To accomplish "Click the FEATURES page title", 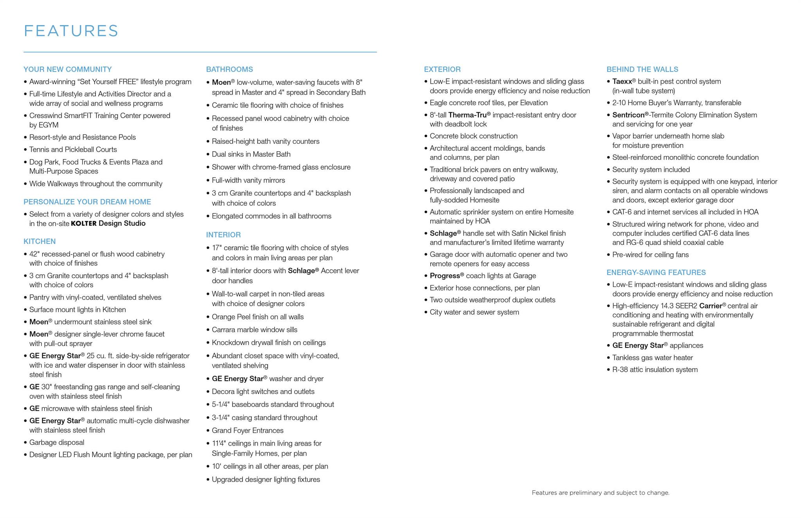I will tap(71, 31).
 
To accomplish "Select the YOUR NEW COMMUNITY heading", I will tap(67, 69).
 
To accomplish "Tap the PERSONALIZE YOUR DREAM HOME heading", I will tap(87, 202).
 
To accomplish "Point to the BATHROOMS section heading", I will tap(229, 69).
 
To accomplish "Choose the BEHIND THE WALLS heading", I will tap(642, 69).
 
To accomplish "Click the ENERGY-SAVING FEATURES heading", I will tap(656, 272).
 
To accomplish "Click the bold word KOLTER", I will tap(83, 224).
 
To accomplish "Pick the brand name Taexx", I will tap(622, 81).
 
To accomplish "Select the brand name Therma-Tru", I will tap(467, 115).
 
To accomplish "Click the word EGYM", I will tap(48, 125).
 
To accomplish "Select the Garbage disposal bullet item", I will tap(57, 443).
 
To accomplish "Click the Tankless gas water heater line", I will tap(652, 358).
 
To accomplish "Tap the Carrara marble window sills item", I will tap(254, 330).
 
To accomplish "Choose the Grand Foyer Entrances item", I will tap(248, 430).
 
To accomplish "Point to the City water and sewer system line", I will tap(474, 312).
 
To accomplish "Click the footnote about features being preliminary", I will tap(600, 493).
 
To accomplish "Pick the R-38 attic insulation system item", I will tap(655, 369).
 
